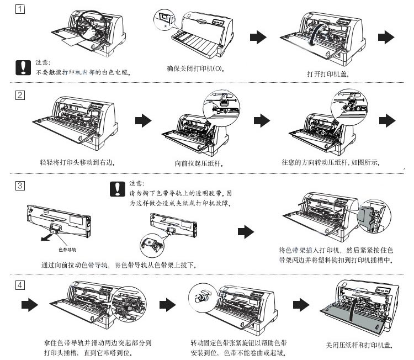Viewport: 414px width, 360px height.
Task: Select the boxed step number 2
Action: coord(20,94)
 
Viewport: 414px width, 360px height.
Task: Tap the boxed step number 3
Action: coord(20,186)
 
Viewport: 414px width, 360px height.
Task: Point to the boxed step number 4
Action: coord(20,285)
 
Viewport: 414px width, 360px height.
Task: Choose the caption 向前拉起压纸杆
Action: coord(198,163)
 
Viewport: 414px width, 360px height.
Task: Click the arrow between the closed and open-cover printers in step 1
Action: coord(257,37)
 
